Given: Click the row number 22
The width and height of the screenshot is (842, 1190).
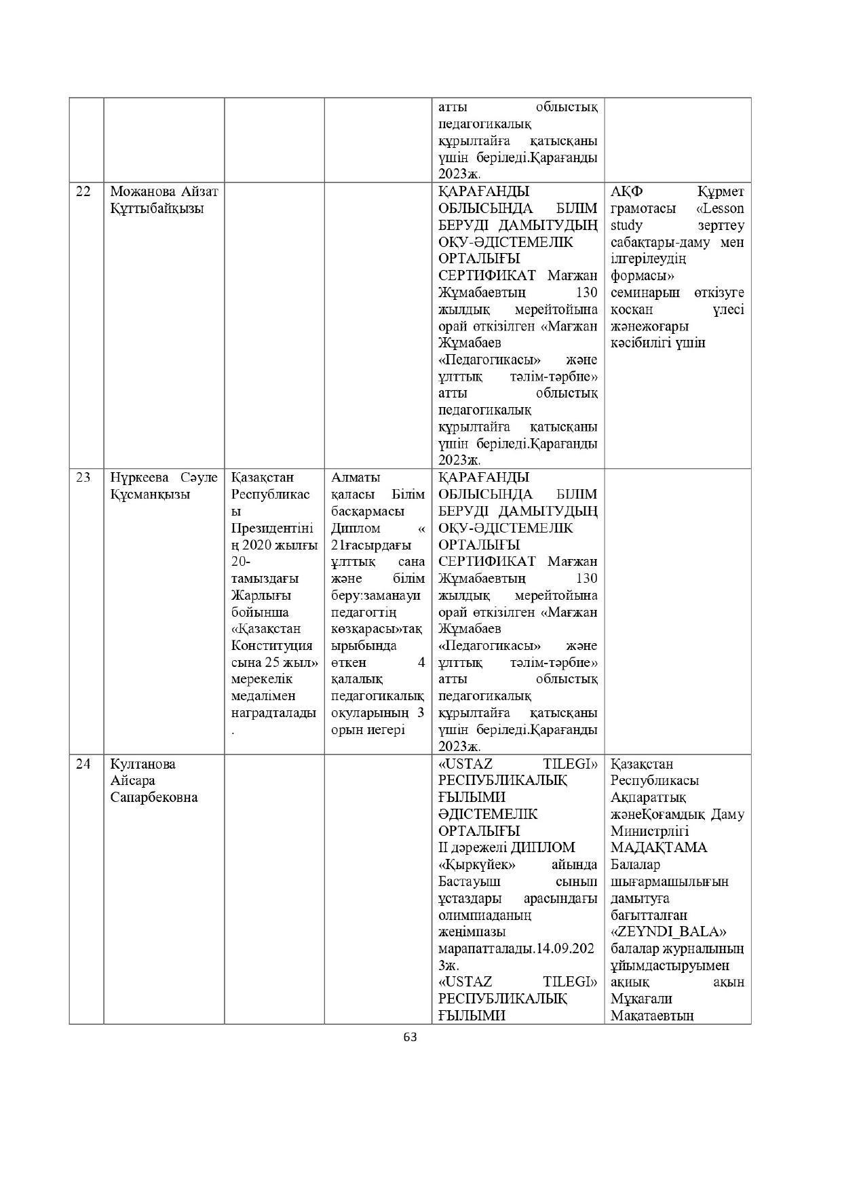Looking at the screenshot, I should pos(83,191).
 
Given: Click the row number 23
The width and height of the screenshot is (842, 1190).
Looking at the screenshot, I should pos(83,478).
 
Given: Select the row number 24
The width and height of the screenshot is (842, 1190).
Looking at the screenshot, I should pos(83,764).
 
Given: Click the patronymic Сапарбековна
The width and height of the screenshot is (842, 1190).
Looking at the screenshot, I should pos(154,797).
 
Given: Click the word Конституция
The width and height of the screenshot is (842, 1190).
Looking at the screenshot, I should pos(272,645).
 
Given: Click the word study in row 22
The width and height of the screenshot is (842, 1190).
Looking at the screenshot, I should pos(626,225).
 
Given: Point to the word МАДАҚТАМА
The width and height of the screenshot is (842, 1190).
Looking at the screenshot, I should pos(659,847).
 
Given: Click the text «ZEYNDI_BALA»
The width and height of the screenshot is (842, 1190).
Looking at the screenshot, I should pos(669,932).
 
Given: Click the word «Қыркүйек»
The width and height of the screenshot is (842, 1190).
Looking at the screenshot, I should pos(477,864).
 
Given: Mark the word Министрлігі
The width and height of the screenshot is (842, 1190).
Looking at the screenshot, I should pos(650,831).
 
